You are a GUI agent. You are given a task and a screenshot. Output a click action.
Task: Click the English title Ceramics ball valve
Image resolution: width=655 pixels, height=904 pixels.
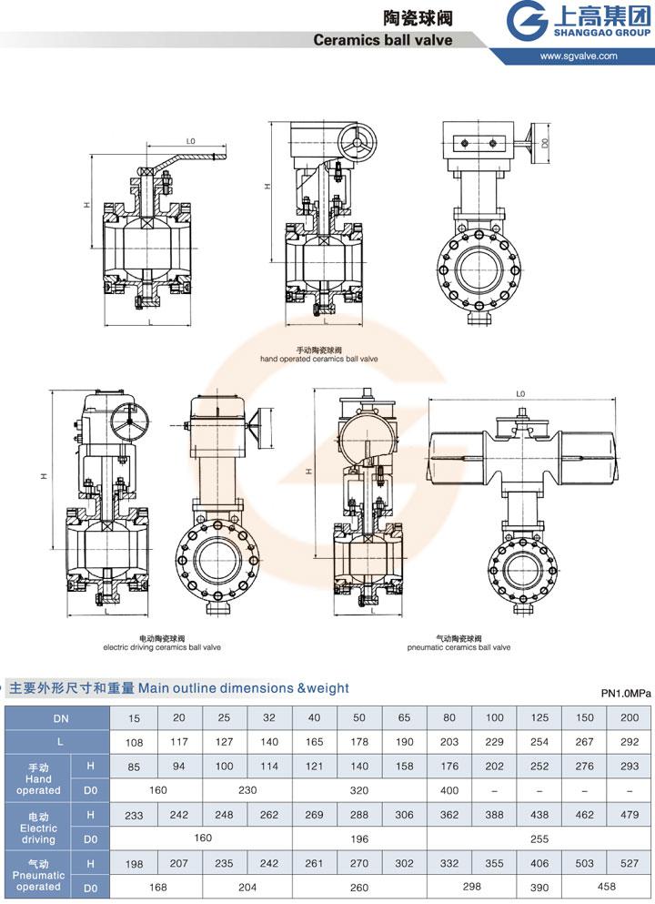click(x=382, y=40)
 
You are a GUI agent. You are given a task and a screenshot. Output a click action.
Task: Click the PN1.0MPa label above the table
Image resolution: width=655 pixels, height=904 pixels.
click(x=627, y=694)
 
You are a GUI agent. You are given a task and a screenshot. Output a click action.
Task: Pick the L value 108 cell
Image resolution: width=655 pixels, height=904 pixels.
click(x=135, y=743)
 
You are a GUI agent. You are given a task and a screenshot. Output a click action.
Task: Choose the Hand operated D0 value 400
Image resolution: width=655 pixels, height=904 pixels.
click(x=448, y=790)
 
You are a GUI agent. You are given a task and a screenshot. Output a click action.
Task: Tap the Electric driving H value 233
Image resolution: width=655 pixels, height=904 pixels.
click(x=135, y=814)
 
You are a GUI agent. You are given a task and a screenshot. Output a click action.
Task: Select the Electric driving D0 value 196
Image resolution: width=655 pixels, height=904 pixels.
click(x=359, y=838)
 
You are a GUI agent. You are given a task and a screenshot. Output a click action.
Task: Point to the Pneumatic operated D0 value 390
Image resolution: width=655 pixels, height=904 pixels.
click(x=539, y=886)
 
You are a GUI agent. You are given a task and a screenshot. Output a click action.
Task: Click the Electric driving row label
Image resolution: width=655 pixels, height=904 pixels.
click(x=38, y=828)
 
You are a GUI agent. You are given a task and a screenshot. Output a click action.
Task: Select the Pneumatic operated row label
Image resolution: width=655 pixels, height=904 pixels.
click(x=38, y=875)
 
